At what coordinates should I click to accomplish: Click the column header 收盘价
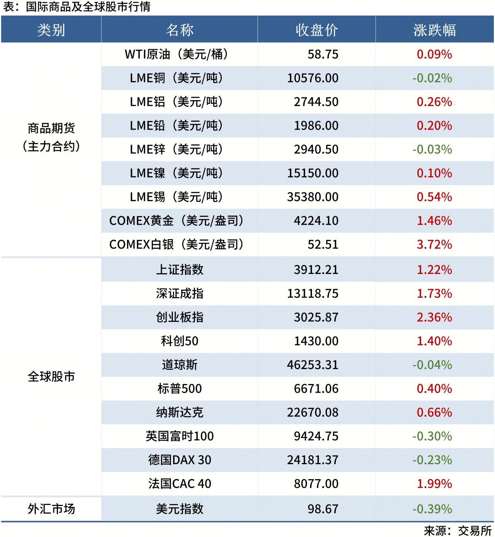[x=316, y=30]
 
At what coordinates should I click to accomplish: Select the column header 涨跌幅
[x=434, y=30]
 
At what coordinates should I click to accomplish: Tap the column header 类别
[x=51, y=30]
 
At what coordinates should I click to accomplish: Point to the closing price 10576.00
[x=313, y=78]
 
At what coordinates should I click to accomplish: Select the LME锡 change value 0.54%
[x=434, y=197]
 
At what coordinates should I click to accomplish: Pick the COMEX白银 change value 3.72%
[x=434, y=245]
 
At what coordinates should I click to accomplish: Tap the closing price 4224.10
[x=316, y=221]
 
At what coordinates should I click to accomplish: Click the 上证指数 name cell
[x=180, y=270]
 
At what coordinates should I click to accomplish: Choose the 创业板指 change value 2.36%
[x=434, y=317]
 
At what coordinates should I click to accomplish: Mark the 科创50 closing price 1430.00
[x=316, y=341]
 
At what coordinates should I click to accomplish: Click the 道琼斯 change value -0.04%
[x=432, y=365]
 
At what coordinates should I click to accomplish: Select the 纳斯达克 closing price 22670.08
[x=313, y=413]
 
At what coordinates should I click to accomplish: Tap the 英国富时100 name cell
[x=180, y=436]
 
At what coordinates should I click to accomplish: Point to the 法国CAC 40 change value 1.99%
[x=434, y=484]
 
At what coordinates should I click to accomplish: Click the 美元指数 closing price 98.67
[x=323, y=509]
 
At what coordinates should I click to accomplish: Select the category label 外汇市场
[x=51, y=509]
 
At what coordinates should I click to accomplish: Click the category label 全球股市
[x=51, y=377]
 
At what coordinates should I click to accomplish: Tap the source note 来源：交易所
[x=457, y=530]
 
